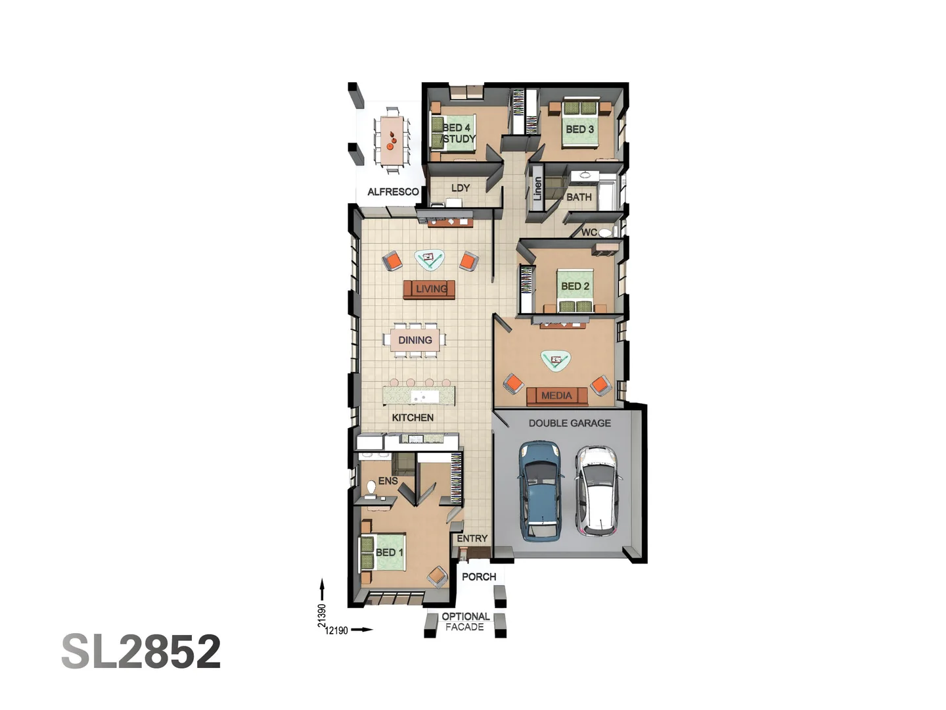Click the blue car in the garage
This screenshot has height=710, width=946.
point(541,490)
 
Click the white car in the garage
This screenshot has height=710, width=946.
point(597,490)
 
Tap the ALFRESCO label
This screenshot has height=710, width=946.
point(393,192)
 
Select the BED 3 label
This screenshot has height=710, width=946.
point(579,130)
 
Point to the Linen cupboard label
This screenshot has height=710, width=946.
point(537,189)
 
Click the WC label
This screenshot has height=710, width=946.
point(589,232)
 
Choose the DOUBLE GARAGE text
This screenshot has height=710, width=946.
point(570,423)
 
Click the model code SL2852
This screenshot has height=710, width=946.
point(141,651)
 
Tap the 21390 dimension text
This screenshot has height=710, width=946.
point(322,616)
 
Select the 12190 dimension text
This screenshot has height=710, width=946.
point(336,630)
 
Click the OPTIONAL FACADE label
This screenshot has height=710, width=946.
point(465,622)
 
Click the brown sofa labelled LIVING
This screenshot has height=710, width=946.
point(429,289)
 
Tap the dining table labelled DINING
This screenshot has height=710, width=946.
point(415,340)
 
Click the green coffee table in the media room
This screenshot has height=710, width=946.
point(556,360)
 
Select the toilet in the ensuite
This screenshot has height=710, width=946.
point(371,488)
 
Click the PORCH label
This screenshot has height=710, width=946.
point(479,577)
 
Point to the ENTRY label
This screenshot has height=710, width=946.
point(472,538)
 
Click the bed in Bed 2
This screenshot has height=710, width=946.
point(575,289)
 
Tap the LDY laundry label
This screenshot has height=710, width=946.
point(461,188)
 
